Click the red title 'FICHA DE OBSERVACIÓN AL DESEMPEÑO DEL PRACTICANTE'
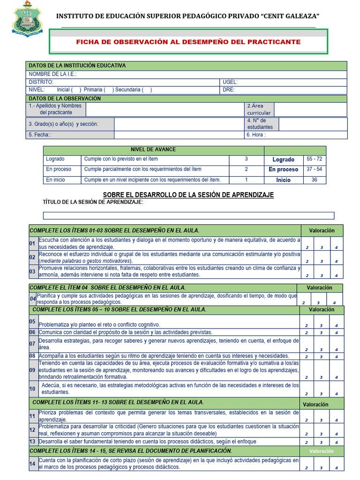(188, 42)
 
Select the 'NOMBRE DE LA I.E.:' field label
(52, 74)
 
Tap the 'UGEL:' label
(230, 82)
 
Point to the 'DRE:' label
(229, 90)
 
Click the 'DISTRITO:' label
(41, 82)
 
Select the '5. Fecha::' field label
(40, 135)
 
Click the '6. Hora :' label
(256, 135)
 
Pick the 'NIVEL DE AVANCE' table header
(153, 150)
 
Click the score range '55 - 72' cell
(314, 159)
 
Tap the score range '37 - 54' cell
(314, 169)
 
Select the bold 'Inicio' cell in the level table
(283, 180)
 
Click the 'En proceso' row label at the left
(59, 169)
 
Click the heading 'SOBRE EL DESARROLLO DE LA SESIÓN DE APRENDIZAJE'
(188, 195)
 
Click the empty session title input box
(188, 216)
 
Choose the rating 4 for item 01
(336, 247)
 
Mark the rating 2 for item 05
(307, 325)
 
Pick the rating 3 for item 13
(321, 442)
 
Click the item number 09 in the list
(32, 370)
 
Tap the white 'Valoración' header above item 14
(321, 451)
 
